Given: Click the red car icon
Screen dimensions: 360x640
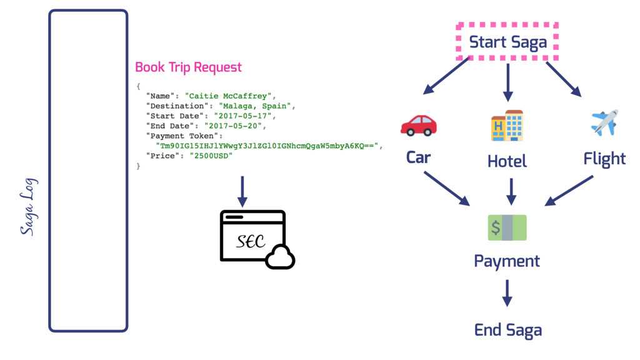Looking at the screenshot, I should point(418,125).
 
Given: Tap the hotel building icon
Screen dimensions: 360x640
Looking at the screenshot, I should point(507,125).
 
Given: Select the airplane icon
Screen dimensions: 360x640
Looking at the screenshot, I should point(604,122).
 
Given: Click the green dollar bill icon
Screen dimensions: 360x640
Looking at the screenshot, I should point(507,227).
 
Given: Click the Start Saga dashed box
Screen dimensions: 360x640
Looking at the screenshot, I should point(507,42).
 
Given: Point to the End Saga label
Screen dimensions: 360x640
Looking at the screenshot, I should point(507,330).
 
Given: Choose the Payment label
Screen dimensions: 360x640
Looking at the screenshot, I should point(507,261).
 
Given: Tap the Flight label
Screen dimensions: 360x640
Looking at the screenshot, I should point(604,159).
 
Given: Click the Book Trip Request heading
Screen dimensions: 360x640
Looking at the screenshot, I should point(188,67).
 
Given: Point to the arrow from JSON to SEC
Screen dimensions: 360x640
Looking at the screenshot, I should point(242,191).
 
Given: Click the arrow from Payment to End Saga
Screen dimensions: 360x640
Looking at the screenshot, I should point(507,292).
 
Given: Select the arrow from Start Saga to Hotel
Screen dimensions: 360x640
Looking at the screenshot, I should point(507,82).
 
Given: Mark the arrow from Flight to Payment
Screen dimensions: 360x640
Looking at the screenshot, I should point(569,190).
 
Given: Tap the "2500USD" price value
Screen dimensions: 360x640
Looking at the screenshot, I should point(211,156).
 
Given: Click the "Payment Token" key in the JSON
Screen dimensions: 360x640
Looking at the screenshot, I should point(184,136).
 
